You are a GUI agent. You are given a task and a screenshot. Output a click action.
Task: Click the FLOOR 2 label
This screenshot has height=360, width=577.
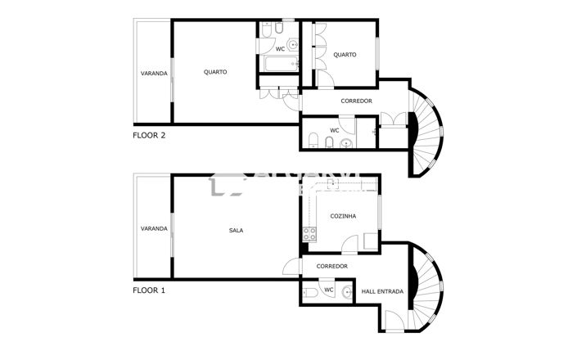(149, 136)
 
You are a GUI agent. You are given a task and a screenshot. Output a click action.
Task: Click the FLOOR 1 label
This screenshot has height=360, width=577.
(149, 290)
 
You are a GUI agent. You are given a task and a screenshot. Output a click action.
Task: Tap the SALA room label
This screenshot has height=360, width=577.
(236, 230)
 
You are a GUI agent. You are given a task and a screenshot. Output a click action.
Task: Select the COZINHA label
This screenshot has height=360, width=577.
(342, 216)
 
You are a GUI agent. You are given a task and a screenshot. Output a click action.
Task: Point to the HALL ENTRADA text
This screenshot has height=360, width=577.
(383, 291)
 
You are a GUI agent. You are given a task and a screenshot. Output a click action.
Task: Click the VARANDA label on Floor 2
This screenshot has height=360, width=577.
(154, 74)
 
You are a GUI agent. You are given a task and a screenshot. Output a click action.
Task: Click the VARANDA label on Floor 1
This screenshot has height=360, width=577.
(154, 228)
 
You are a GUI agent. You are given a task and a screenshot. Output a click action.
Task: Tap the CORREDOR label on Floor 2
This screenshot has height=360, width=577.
(357, 101)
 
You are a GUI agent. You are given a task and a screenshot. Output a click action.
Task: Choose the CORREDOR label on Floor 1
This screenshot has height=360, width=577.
(332, 266)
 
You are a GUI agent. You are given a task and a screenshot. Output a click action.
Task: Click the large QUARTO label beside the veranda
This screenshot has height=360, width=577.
(215, 72)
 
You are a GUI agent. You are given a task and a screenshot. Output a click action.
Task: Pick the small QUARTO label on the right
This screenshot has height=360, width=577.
(345, 55)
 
